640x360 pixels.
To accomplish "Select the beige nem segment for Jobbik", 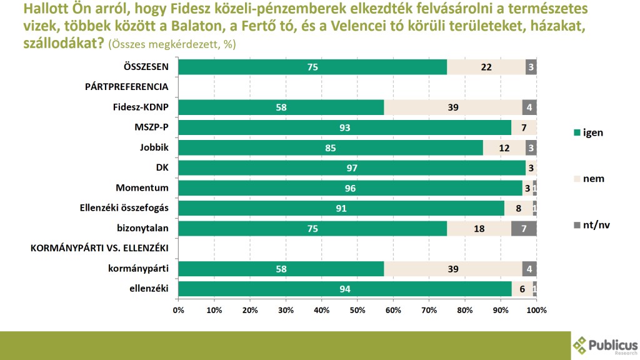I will coord(504,148).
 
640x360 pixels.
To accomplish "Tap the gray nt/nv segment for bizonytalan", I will coord(524,229).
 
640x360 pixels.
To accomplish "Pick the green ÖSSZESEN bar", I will coord(312,67).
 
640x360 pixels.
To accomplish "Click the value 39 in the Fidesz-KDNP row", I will coord(453,107).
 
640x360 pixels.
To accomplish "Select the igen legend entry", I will coord(587,132).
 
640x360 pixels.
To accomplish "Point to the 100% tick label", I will coord(536,310).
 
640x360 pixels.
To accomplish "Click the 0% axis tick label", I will coord(178,310).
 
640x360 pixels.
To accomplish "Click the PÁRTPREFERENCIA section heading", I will coord(127,87).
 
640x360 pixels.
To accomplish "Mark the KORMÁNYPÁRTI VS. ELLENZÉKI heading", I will coord(100,248).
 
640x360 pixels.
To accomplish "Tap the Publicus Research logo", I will coord(605,345).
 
